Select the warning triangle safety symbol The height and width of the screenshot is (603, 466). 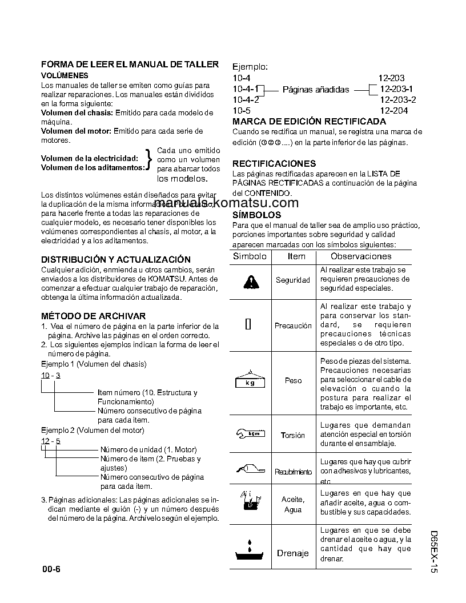click(251, 281)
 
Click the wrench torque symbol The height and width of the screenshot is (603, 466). click(251, 434)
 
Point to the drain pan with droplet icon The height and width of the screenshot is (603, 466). click(251, 550)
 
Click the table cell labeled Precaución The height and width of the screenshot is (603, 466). click(293, 325)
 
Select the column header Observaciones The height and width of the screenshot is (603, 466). click(361, 256)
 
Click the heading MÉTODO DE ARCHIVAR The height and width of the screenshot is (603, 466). click(93, 316)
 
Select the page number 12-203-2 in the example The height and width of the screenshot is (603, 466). click(397, 99)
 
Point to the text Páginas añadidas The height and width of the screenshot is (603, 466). click(316, 90)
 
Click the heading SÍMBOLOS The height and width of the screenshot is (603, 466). click(257, 215)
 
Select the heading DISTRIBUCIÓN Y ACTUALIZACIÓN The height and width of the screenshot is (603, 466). click(116, 259)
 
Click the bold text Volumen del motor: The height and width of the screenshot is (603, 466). click(76, 131)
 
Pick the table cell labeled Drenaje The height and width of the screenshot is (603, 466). click(293, 553)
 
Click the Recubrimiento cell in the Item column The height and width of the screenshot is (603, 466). click(293, 472)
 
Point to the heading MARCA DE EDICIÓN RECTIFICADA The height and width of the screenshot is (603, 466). click(309, 121)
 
